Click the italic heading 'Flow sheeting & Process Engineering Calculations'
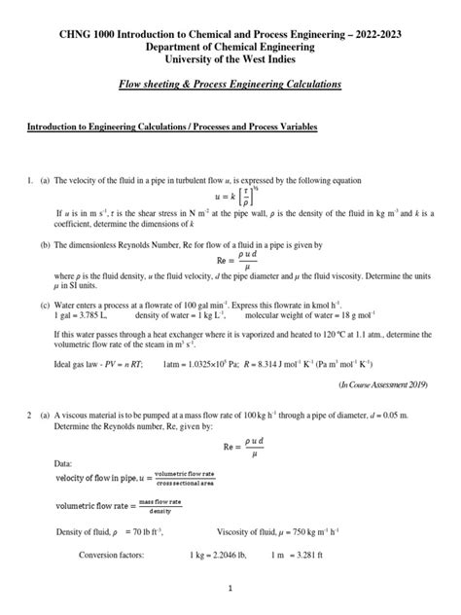coord(230,85)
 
